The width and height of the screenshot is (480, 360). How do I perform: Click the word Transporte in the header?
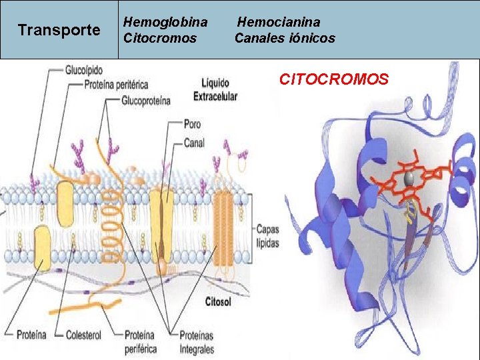(59, 30)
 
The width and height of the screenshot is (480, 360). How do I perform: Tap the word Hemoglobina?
(165, 23)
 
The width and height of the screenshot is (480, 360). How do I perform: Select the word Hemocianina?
(279, 23)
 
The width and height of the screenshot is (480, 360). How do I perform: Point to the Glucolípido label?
(85, 69)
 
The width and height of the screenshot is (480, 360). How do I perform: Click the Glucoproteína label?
(146, 101)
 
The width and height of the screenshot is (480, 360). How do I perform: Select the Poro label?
(192, 124)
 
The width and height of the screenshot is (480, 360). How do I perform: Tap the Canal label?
(194, 143)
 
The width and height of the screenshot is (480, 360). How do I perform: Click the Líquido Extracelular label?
(215, 89)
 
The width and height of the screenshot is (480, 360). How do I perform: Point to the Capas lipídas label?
(267, 235)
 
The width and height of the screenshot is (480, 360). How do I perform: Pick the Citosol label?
(218, 302)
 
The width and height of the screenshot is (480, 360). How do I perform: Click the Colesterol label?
(83, 335)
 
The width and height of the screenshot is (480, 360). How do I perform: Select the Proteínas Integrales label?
(197, 341)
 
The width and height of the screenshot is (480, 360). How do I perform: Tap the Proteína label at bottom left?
(31, 335)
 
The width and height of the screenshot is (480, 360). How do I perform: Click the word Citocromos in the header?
(160, 39)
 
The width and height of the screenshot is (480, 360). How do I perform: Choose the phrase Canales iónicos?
(285, 39)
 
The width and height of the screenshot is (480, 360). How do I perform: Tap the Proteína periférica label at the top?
(117, 85)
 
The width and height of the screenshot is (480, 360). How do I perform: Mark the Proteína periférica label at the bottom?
(141, 341)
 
